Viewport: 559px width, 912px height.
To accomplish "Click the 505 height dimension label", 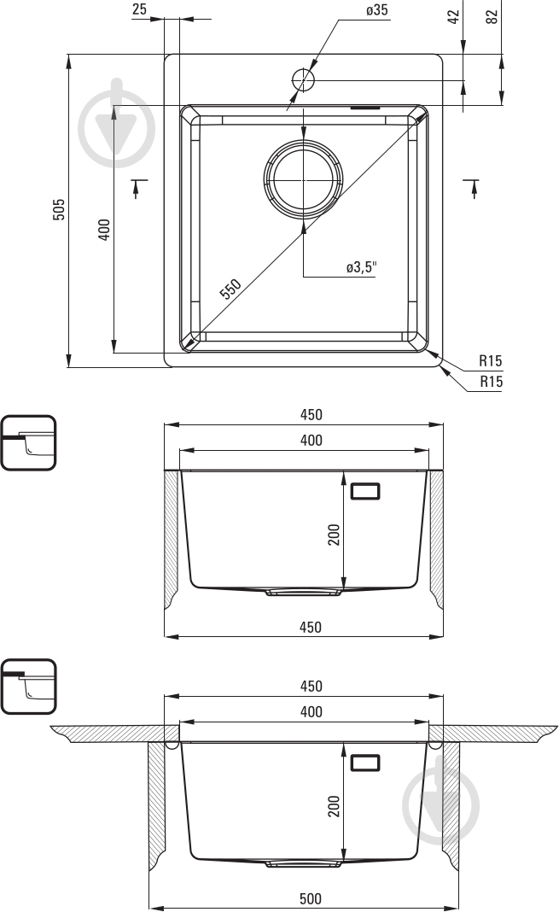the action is (x=59, y=209).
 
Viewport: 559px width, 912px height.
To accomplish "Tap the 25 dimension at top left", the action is (x=139, y=9).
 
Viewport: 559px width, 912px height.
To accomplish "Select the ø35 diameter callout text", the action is (x=376, y=9).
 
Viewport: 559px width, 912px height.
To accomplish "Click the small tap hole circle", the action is (x=303, y=79).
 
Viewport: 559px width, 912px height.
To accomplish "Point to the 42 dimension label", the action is (x=454, y=16).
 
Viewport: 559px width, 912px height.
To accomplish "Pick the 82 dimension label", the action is (x=492, y=16).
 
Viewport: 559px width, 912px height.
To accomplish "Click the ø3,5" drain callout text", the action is (x=362, y=267).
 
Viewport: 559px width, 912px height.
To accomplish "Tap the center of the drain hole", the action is (x=303, y=180).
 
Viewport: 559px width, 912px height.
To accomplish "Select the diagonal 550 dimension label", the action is (x=230, y=289).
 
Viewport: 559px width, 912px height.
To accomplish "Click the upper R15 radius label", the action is (x=491, y=360).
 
